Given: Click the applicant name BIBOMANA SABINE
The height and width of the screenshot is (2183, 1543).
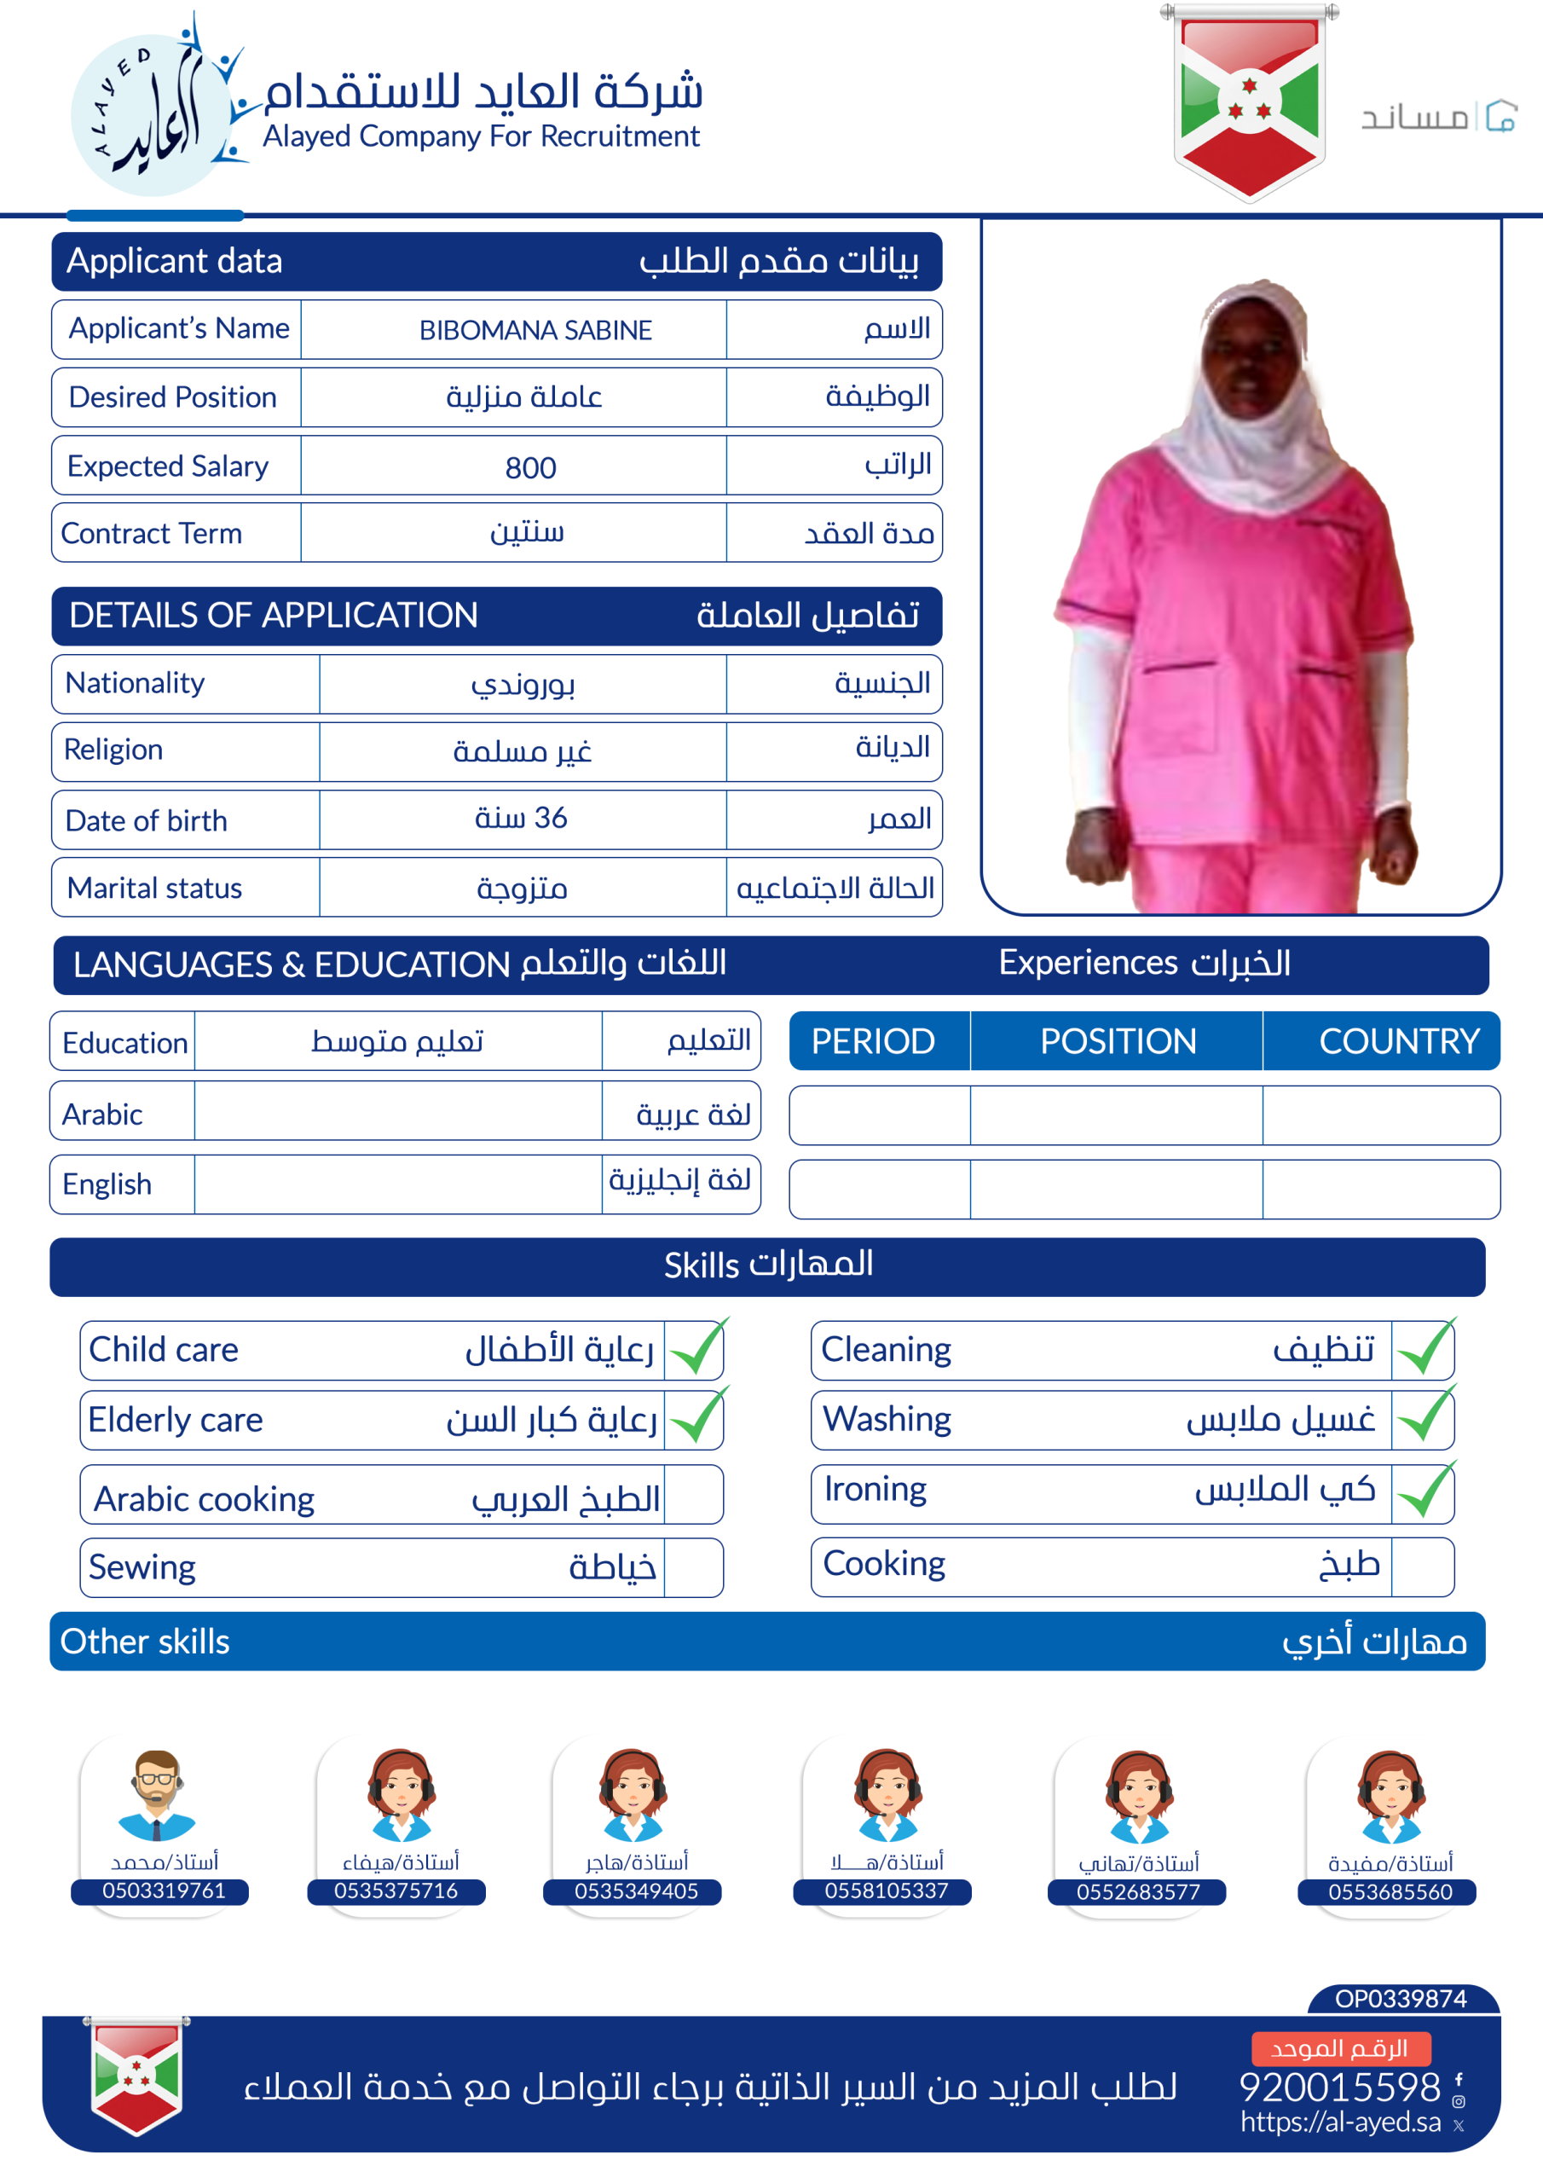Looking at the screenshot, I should pos(535,330).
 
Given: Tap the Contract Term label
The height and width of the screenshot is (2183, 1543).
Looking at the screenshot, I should pos(151,534).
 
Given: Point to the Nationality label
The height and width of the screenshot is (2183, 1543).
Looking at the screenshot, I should pos(135,683).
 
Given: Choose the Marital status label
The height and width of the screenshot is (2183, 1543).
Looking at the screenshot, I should pos(154,888).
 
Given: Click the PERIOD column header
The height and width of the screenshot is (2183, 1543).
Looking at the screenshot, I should pos(873,1041).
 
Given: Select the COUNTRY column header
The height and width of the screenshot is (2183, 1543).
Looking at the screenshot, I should pos(1398,1041).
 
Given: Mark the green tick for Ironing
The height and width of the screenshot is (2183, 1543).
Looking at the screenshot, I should pos(1425,1491).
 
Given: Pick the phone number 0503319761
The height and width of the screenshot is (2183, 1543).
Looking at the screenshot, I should pos(164,1891).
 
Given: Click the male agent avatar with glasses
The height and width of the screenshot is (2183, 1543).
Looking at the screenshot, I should pos(157,1794).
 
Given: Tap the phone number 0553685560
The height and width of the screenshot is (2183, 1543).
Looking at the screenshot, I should pos(1390,1892).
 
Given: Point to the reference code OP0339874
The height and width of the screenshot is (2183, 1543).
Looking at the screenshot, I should pos(1401,1999).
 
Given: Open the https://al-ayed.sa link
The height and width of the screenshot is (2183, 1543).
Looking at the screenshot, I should pos(1340,2122).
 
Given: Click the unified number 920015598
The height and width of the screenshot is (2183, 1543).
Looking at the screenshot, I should pos(1339,2087).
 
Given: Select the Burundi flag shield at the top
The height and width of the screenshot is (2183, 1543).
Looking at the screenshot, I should pos(1249,102).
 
